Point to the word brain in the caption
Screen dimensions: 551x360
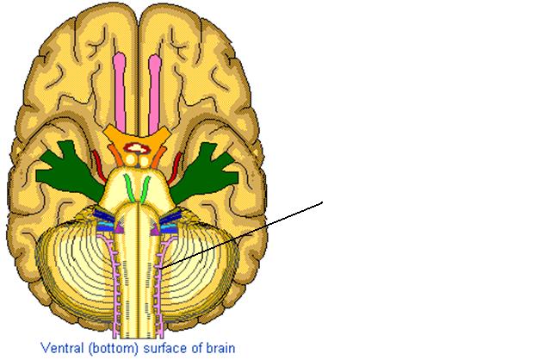click(x=220, y=348)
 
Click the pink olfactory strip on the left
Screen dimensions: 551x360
click(x=120, y=93)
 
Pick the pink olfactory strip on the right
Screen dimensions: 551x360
click(x=155, y=94)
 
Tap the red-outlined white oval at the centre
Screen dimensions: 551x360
click(x=138, y=148)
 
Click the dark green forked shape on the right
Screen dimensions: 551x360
click(x=204, y=173)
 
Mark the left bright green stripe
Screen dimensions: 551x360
click(x=129, y=189)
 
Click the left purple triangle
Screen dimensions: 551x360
click(x=119, y=227)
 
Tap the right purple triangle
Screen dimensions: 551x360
click(x=155, y=228)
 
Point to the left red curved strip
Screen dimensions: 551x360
click(x=99, y=165)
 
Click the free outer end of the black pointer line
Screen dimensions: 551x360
click(x=322, y=202)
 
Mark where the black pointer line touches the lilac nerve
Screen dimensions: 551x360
click(x=160, y=269)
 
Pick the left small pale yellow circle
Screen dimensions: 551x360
click(x=131, y=160)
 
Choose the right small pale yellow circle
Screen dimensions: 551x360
click(x=145, y=161)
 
